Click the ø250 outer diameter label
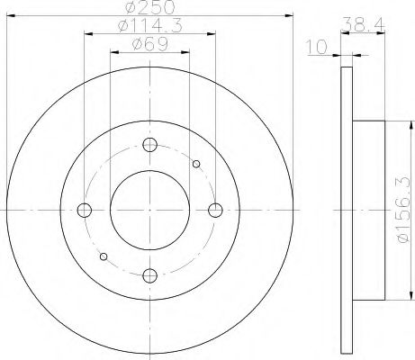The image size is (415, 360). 150,6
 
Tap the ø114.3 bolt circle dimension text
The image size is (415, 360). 150,26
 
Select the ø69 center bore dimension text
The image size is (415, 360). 149,45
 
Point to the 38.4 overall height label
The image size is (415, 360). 364,23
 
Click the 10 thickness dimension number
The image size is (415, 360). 316,48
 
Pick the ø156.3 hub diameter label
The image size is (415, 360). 403,210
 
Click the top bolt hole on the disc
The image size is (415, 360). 150,145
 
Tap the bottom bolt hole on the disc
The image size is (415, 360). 150,275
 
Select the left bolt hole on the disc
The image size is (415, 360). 85,210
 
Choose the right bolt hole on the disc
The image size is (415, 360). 215,210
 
